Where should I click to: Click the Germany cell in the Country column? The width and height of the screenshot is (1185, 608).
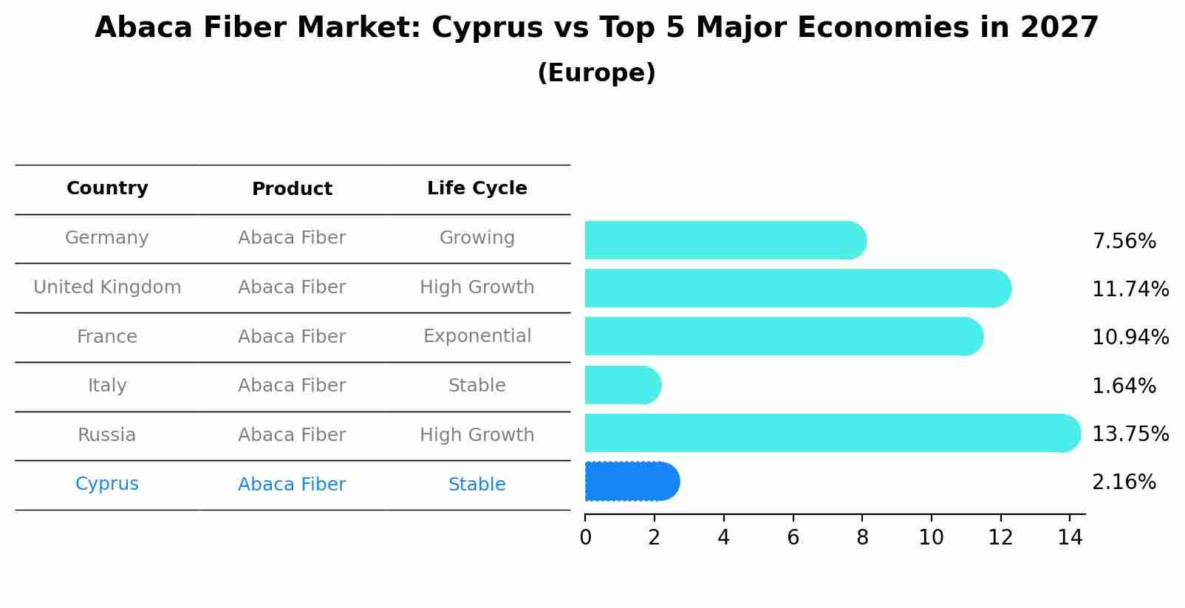(107, 238)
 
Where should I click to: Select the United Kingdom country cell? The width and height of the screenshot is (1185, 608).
(107, 287)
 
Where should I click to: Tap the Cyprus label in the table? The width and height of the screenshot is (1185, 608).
(107, 484)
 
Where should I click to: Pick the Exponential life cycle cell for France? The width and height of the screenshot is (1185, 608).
(477, 336)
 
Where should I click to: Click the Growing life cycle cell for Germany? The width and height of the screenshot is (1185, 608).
(477, 238)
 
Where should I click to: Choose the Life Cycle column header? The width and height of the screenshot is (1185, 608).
(477, 188)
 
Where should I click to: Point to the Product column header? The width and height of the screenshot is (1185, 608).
(292, 189)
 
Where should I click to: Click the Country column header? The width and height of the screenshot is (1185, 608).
(107, 188)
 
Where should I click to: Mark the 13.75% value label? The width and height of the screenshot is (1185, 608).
(1130, 434)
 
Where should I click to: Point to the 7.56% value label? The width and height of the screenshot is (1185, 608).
(1124, 242)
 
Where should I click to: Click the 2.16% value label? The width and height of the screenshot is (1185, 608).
(1124, 482)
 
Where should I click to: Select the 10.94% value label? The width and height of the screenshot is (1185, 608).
(1130, 338)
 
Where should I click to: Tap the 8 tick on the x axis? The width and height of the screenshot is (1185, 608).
(862, 538)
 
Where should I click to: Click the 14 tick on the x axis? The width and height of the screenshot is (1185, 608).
(1070, 538)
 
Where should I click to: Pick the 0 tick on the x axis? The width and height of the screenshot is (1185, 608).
(586, 538)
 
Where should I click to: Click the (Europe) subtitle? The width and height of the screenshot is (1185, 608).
(596, 73)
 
